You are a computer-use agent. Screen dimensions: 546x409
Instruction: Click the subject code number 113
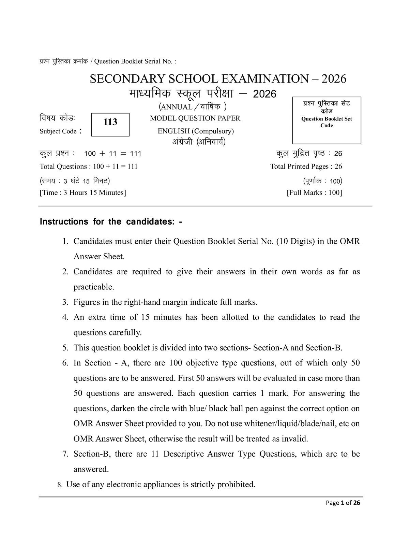coord(110,122)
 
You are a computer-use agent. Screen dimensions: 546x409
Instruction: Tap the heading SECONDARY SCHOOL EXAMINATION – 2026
coord(218,79)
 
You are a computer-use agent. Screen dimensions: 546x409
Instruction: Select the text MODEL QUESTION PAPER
coord(195,118)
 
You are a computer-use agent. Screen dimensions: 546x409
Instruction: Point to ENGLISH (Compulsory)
coord(196,131)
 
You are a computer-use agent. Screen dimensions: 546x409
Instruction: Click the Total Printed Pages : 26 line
coord(306,167)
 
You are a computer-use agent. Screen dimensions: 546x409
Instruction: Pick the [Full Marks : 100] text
coord(314,193)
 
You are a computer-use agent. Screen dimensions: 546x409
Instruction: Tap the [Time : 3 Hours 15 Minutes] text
coord(83,193)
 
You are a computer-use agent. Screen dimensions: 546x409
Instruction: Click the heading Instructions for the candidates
coord(111,222)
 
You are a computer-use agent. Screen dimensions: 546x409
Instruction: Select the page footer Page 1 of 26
coord(343,503)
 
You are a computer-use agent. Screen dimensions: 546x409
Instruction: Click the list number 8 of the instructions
coord(60,485)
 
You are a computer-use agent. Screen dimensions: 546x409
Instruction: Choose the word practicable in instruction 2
coord(94,287)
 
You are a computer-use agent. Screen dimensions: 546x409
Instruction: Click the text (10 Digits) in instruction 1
coord(296,242)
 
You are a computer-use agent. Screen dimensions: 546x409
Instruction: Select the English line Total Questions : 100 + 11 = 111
coord(89,167)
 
